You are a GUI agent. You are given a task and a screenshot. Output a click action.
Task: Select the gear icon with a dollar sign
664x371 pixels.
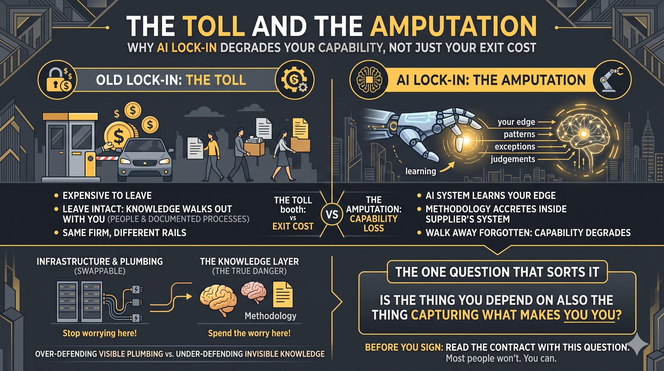pyautogui.click(x=294, y=80)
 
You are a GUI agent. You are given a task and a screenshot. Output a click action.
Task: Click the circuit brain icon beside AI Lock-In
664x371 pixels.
pyautogui.click(x=369, y=80)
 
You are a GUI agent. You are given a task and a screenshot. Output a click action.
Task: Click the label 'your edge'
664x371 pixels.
pyautogui.click(x=516, y=122)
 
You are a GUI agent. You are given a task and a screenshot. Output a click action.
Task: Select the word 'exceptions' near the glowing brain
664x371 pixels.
pyautogui.click(x=515, y=147)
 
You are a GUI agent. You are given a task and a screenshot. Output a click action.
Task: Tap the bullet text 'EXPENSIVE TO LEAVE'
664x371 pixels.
pyautogui.click(x=107, y=196)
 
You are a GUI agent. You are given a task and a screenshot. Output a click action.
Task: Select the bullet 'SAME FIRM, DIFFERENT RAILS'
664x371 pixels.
pyautogui.click(x=124, y=233)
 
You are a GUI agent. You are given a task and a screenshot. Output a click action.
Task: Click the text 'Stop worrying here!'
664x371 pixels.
pyautogui.click(x=99, y=333)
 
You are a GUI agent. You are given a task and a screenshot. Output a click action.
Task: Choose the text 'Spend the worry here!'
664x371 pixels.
pyautogui.click(x=249, y=333)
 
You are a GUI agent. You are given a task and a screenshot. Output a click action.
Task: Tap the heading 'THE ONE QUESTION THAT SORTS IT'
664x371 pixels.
pyautogui.click(x=497, y=272)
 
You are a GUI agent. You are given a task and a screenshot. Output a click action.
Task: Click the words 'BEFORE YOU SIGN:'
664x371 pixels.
pyautogui.click(x=404, y=348)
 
